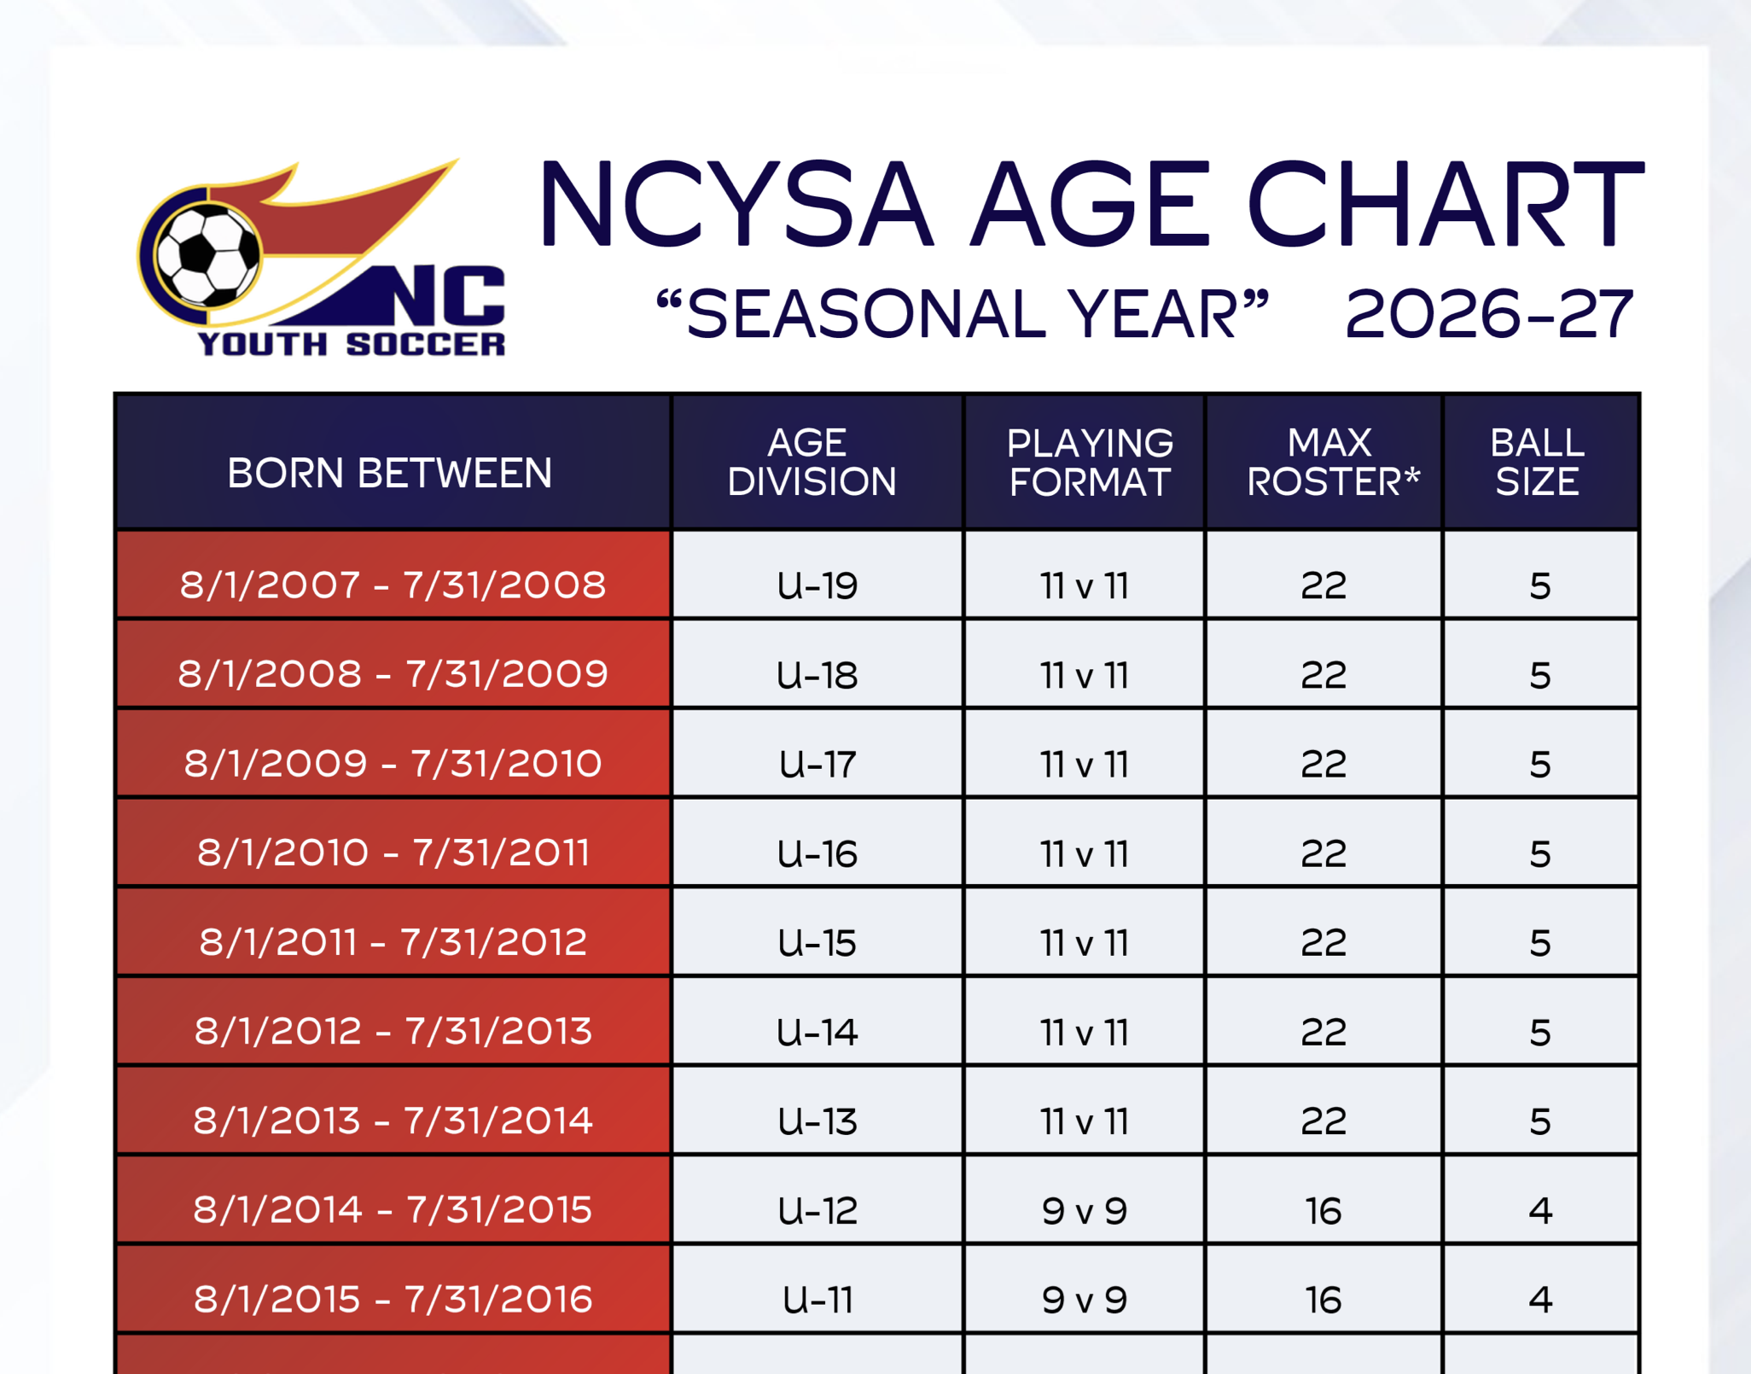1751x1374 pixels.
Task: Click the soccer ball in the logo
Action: [207, 253]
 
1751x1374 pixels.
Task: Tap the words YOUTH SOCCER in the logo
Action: [351, 344]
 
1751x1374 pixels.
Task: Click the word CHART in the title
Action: [1444, 205]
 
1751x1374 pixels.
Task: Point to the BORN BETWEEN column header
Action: [390, 473]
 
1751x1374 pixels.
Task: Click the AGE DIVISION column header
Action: [812, 462]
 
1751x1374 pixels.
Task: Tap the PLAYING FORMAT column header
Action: [1089, 462]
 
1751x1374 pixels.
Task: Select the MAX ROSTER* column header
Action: [1331, 462]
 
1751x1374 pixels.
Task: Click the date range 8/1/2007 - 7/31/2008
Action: [393, 585]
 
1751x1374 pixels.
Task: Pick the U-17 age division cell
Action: [817, 764]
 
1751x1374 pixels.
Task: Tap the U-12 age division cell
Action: [817, 1210]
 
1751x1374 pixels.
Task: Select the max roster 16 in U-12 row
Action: [1323, 1210]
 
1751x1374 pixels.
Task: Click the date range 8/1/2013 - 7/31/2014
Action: [393, 1121]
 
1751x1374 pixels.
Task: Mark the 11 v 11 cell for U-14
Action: [1084, 1032]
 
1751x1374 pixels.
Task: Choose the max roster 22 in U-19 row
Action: [1323, 585]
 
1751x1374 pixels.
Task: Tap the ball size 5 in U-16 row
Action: [1539, 853]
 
